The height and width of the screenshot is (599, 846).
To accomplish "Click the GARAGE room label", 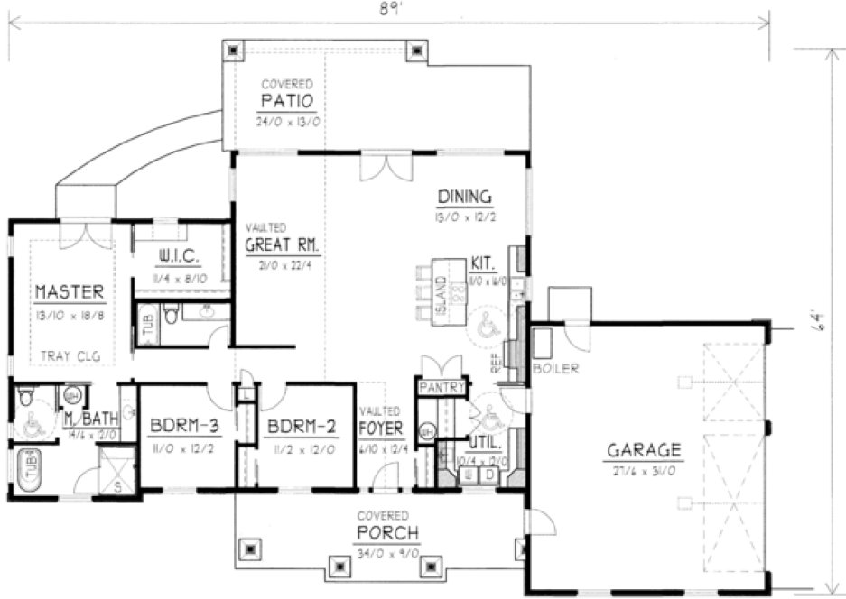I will click(644, 450).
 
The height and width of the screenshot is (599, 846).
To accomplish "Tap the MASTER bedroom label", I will click(70, 292).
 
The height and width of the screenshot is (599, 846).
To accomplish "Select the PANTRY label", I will click(442, 389).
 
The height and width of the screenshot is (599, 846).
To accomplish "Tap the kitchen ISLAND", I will click(442, 293).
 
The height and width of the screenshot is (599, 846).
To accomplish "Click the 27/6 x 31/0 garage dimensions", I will click(643, 470).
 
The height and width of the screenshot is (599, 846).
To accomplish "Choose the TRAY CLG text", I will click(70, 356).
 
